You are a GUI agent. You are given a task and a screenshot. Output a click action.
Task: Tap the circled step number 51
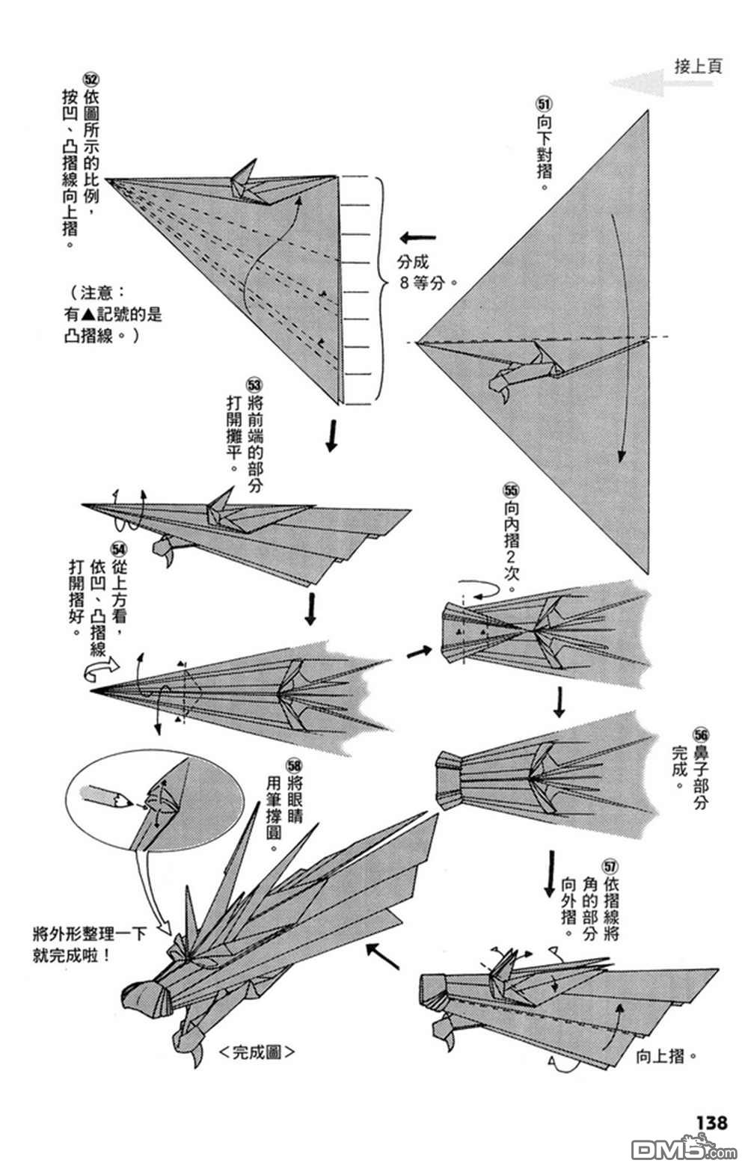543,103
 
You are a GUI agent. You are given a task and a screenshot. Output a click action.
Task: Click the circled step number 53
254,386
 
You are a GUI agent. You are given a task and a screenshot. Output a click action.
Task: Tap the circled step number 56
700,735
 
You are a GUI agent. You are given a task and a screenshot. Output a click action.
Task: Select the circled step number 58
292,765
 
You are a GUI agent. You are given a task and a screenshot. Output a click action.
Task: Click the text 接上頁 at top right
698,67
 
